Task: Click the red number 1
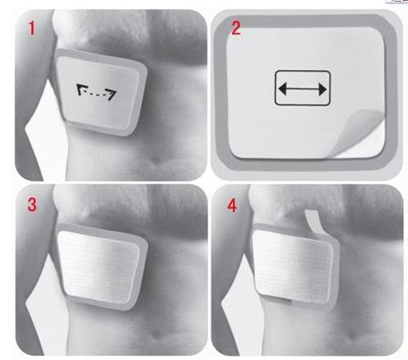point(31,28)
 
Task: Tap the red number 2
point(236,28)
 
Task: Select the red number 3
point(32,205)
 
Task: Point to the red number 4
point(232,206)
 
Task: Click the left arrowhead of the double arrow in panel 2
point(282,88)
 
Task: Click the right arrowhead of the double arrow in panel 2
point(322,89)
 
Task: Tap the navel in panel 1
point(156,160)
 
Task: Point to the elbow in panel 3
point(26,303)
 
